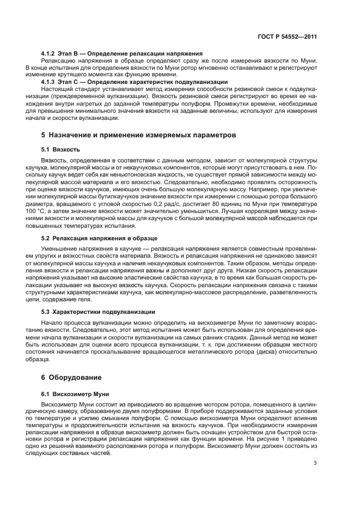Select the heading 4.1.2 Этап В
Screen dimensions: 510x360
click(x=121, y=53)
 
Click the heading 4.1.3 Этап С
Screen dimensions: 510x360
click(x=135, y=82)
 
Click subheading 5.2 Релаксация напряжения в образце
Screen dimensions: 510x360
click(x=99, y=238)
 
